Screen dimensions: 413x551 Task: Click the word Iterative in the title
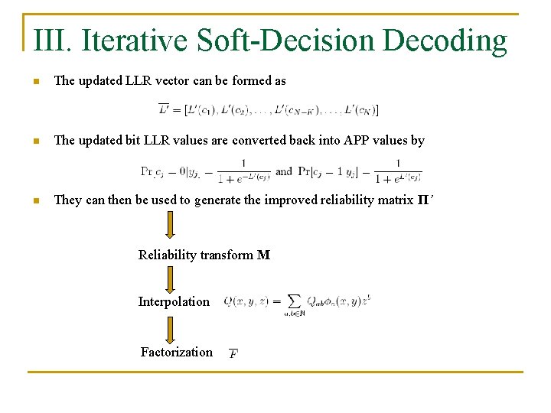pyautogui.click(x=134, y=41)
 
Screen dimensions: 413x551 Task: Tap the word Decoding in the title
pyautogui.click(x=445, y=41)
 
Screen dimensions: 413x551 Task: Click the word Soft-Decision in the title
pyautogui.click(x=286, y=41)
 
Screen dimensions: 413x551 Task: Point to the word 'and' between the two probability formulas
pyautogui.click(x=284, y=171)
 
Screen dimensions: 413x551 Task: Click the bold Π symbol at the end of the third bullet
pyautogui.click(x=422, y=200)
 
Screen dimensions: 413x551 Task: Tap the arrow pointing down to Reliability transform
pyautogui.click(x=170, y=224)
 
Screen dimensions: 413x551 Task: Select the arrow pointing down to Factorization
pyautogui.click(x=170, y=329)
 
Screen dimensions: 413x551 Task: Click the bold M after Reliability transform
pyautogui.click(x=264, y=255)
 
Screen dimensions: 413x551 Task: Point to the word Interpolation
pyautogui.click(x=174, y=302)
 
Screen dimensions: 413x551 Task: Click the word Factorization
pyautogui.click(x=177, y=353)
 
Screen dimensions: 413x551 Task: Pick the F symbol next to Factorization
pyautogui.click(x=233, y=353)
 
